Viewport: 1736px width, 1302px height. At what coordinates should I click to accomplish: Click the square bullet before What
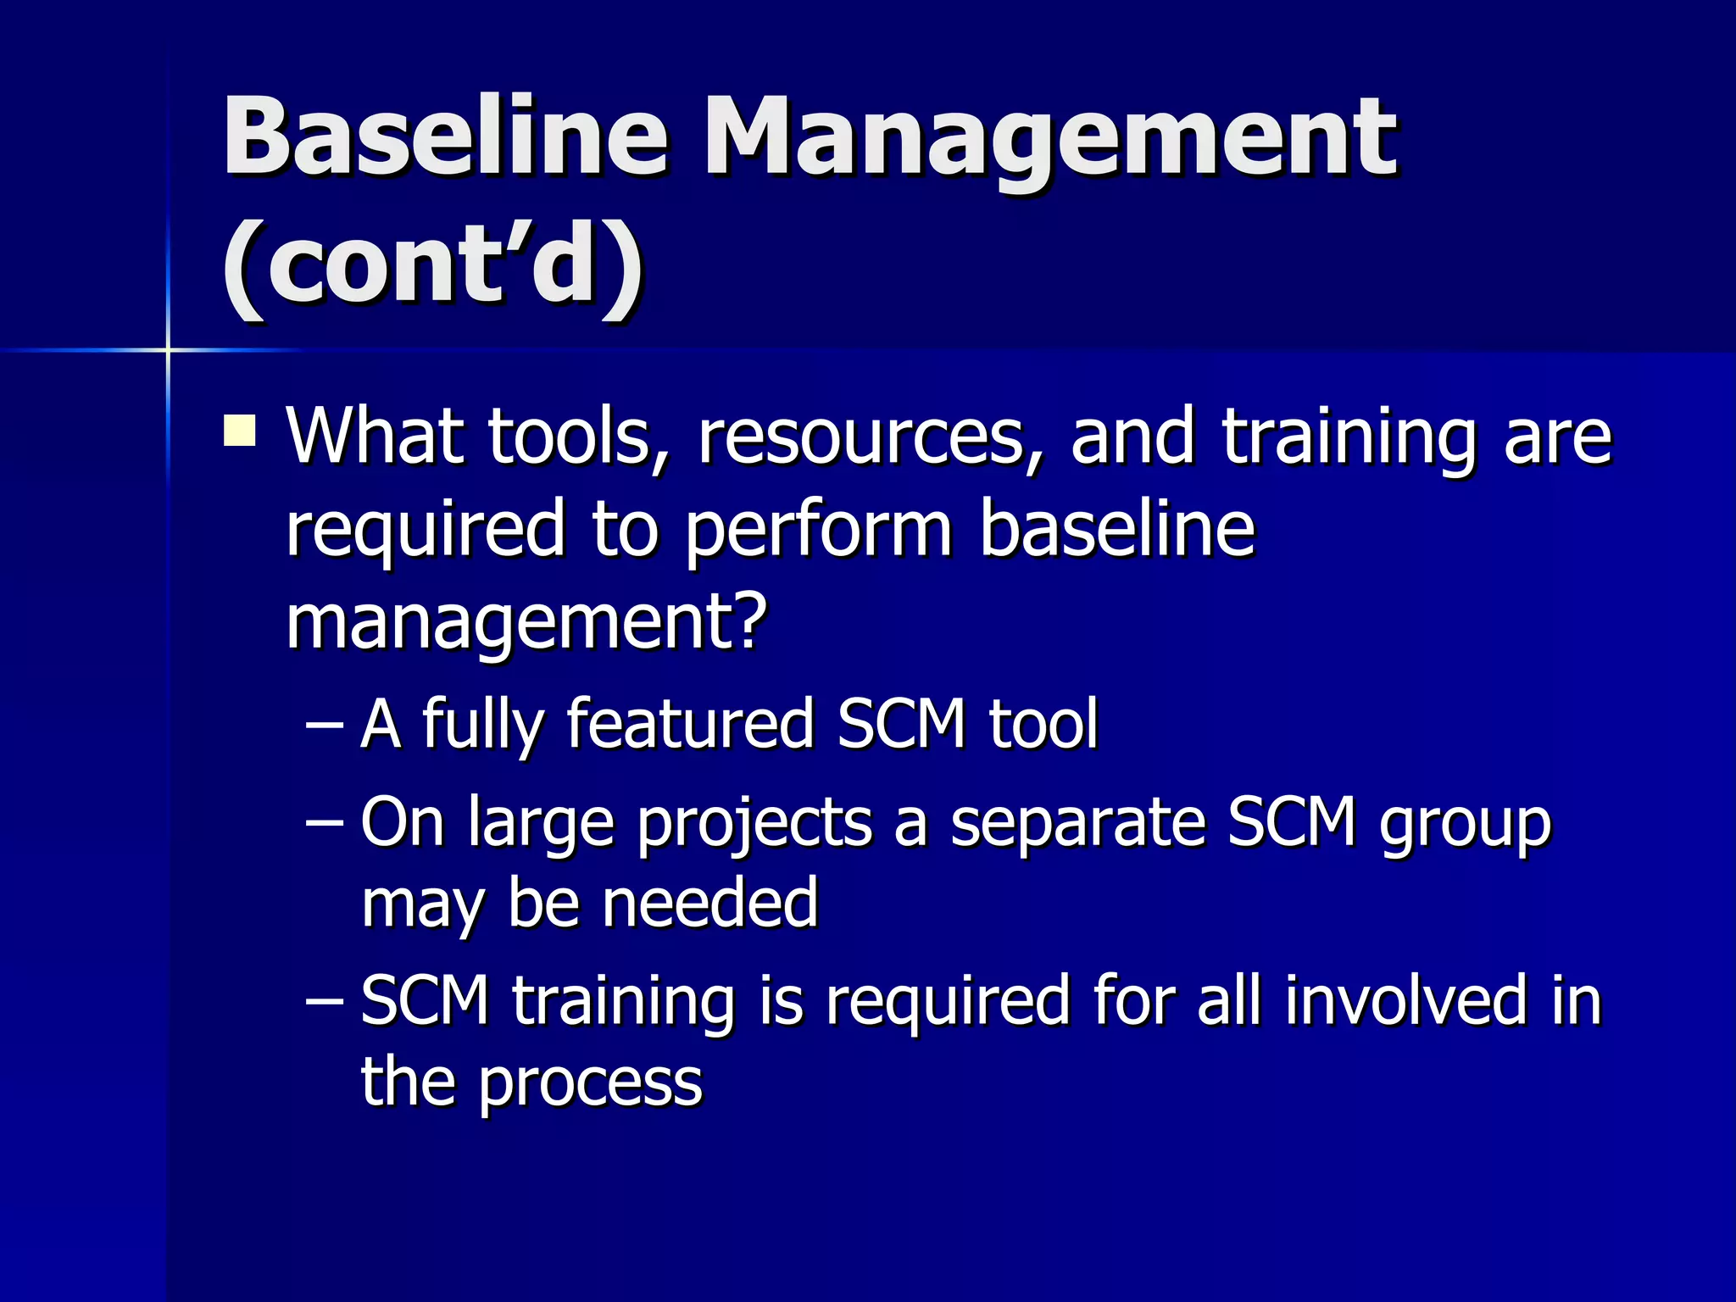point(240,430)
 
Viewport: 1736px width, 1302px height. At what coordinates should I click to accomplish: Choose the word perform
point(819,531)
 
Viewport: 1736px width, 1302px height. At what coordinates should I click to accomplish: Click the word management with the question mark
point(526,622)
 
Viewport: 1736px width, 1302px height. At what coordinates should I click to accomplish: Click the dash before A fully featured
point(323,726)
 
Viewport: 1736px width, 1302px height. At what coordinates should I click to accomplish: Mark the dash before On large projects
point(323,822)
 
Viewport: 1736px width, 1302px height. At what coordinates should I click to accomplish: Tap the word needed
point(709,903)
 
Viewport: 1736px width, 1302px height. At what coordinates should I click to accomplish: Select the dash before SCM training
point(323,1001)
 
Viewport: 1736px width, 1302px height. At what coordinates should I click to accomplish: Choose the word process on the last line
point(590,1083)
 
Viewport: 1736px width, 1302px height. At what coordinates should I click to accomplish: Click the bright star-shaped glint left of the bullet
point(168,348)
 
